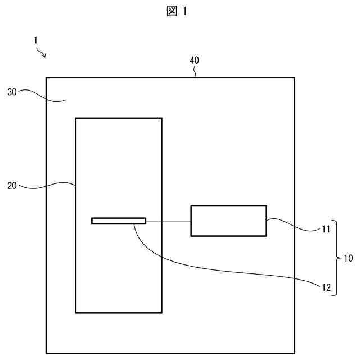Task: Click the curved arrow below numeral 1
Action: coord(42,53)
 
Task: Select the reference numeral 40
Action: coord(194,60)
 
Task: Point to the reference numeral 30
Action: coord(12,92)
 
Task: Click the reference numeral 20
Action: coord(12,184)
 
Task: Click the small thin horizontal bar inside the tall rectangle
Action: coord(119,220)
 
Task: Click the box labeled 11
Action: coord(228,220)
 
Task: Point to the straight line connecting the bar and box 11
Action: coord(168,220)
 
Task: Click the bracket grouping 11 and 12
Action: coord(335,258)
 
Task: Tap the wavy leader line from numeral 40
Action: coord(195,71)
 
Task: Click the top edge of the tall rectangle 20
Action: coord(119,118)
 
